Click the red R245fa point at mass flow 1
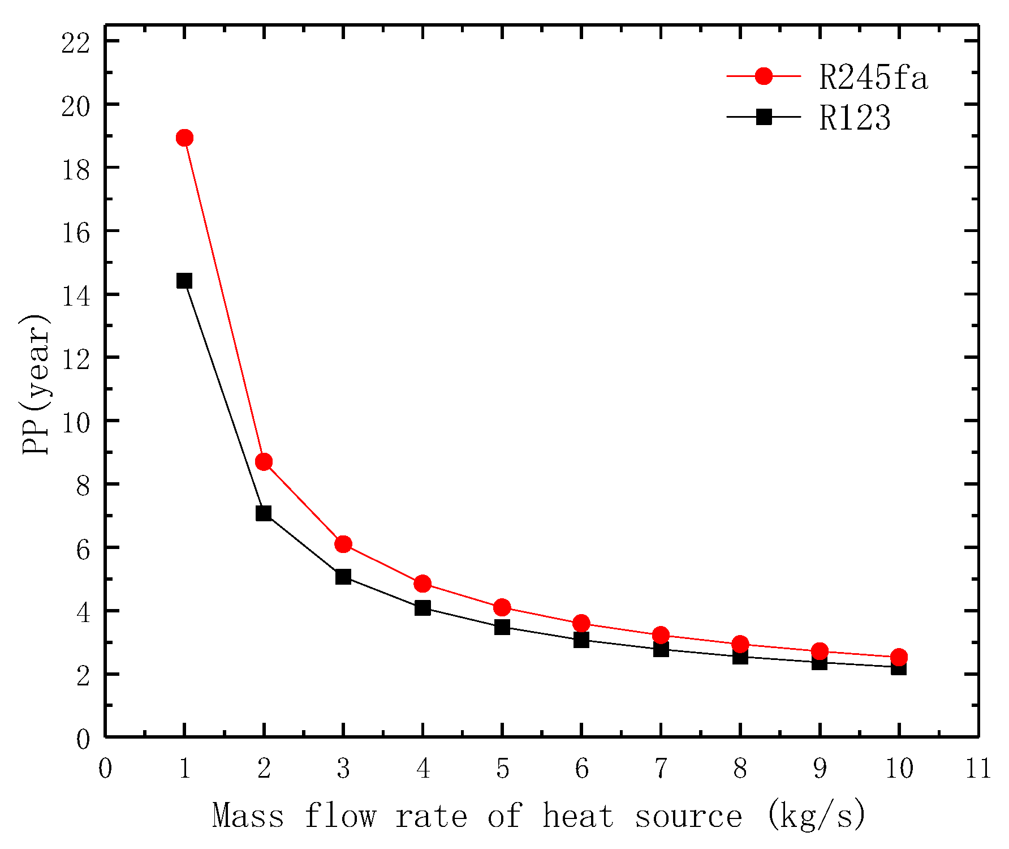[184, 138]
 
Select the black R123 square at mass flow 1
[184, 281]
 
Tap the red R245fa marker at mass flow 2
[264, 462]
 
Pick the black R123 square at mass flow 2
[264, 513]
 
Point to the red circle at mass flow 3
[343, 544]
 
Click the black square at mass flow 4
[422, 608]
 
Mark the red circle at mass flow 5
[502, 607]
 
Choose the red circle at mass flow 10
[899, 657]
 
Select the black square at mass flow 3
[343, 577]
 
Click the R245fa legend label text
[873, 78]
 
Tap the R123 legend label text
[855, 119]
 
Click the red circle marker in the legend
[764, 76]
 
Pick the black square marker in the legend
[764, 117]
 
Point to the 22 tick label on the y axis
[76, 43]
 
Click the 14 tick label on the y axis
[76, 296]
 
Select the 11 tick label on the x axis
[978, 769]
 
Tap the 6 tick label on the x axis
[581, 769]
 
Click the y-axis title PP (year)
[35, 385]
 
